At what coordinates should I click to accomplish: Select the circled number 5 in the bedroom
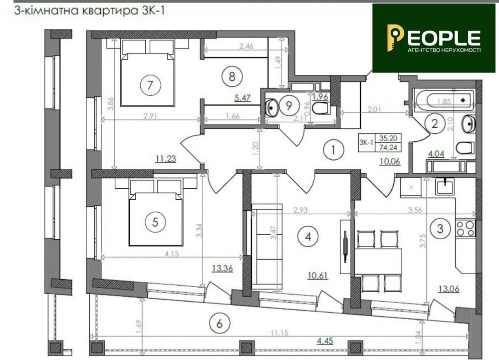(155, 222)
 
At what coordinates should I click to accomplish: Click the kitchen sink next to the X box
(443, 187)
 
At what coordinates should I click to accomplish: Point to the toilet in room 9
(320, 107)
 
